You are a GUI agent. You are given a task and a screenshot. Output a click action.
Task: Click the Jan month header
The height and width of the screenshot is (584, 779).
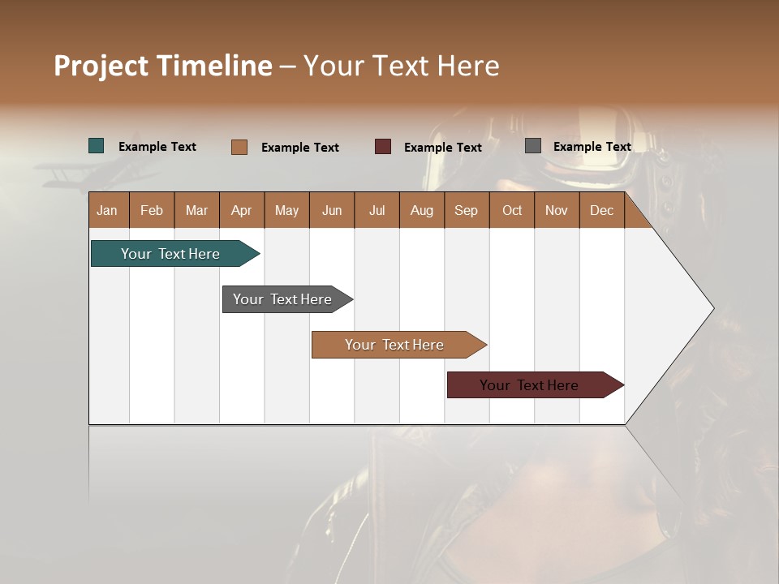click(108, 210)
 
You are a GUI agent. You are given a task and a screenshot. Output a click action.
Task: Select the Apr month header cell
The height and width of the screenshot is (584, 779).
click(242, 210)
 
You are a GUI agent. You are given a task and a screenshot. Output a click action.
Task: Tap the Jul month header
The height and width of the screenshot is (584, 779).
click(377, 210)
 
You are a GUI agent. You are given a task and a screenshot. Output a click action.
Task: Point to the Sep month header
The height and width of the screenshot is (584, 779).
click(467, 210)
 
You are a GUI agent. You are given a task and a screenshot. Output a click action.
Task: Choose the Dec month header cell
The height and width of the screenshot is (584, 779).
click(601, 210)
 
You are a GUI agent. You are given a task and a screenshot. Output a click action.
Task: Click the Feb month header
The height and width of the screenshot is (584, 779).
click(152, 210)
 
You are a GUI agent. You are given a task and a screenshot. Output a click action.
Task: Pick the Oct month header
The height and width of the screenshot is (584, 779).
click(512, 210)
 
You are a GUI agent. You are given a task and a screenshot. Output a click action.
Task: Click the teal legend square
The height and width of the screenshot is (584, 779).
click(97, 146)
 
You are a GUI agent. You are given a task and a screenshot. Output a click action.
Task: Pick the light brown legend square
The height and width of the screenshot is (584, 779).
click(239, 147)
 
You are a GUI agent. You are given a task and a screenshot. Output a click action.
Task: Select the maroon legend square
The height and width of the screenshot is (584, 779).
click(383, 147)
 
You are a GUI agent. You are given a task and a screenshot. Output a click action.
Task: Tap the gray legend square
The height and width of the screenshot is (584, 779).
click(533, 146)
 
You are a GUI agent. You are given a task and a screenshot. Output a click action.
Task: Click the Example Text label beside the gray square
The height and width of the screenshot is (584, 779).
click(592, 147)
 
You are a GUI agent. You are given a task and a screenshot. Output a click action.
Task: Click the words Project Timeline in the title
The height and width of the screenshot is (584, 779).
click(163, 66)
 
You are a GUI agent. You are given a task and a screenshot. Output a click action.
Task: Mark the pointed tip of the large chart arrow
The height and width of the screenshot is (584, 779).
click(712, 308)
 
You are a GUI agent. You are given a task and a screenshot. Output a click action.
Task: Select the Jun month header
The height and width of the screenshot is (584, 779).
click(332, 210)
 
